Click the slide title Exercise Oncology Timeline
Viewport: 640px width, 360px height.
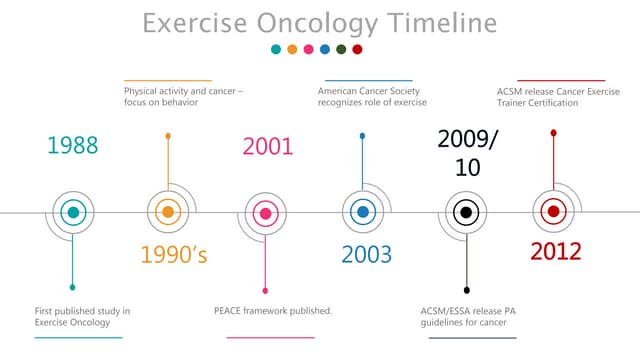coord(319,22)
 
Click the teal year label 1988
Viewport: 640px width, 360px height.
coord(73,146)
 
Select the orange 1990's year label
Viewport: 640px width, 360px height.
coord(174,254)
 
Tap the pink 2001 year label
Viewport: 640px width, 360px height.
coord(268,147)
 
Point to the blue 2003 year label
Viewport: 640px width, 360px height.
coord(366,254)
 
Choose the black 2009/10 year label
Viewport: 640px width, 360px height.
coord(467,153)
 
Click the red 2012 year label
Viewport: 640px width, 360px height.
coord(555,251)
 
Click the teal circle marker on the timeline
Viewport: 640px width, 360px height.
coord(72,212)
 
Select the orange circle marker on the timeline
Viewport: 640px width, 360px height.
coord(168,212)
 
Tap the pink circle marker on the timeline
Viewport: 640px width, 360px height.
coord(265,212)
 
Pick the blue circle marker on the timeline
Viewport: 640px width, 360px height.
coord(362,212)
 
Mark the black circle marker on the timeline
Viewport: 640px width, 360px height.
coord(465,212)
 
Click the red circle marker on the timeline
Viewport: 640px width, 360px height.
coord(553,212)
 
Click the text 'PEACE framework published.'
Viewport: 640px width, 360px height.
coord(273,311)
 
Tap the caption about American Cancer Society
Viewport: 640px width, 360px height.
coord(368,97)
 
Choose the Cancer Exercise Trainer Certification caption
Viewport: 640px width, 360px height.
coord(557,97)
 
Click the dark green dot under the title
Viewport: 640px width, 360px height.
coord(341,49)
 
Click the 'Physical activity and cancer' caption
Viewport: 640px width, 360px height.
coord(183,97)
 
